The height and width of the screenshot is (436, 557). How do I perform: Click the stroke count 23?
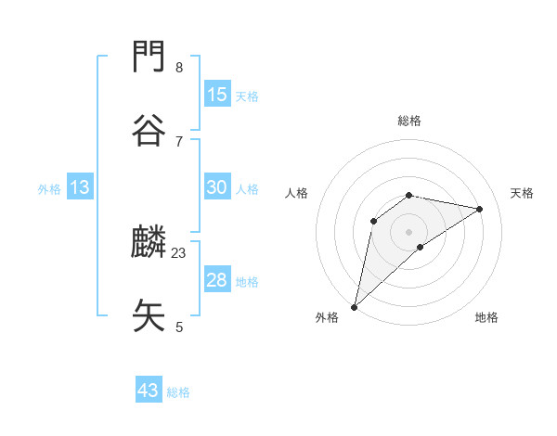tap(179, 252)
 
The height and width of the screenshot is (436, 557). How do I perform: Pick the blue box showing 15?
tap(217, 95)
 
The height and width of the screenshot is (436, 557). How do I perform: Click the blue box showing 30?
tap(217, 187)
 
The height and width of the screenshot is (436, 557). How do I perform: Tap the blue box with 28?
tap(217, 280)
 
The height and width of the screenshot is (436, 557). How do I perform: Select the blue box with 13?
tap(80, 187)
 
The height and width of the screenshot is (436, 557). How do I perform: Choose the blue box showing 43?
tap(149, 391)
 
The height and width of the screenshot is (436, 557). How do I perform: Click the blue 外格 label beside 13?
tap(49, 189)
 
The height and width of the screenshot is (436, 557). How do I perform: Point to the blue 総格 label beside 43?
tap(178, 392)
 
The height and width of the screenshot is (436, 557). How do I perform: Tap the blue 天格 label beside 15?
tap(247, 96)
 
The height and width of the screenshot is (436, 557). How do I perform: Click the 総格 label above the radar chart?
tap(409, 121)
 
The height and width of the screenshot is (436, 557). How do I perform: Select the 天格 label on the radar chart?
tap(522, 193)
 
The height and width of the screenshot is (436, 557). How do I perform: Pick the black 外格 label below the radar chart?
tap(327, 317)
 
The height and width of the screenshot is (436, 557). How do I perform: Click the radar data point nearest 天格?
tap(480, 209)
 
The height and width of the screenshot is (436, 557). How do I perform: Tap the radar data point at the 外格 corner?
tap(355, 306)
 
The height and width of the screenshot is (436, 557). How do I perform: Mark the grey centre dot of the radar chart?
tap(409, 231)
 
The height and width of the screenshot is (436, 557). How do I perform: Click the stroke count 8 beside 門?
tap(179, 67)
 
